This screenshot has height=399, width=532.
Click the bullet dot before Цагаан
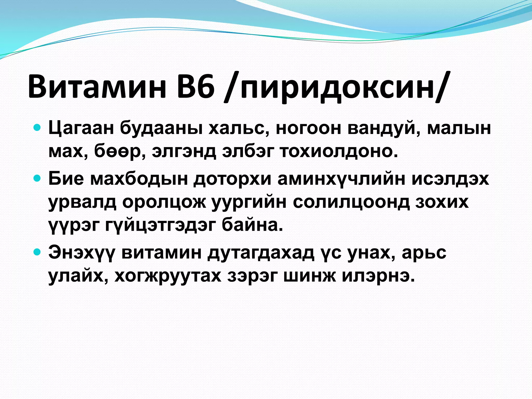click(x=37, y=128)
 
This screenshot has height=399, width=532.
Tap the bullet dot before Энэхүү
click(x=37, y=252)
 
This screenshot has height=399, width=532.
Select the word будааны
click(x=161, y=129)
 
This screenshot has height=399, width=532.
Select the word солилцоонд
click(x=351, y=202)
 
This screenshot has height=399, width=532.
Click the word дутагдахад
click(x=261, y=253)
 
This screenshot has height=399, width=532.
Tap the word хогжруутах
click(x=168, y=276)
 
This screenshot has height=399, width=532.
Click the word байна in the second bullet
click(x=252, y=225)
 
